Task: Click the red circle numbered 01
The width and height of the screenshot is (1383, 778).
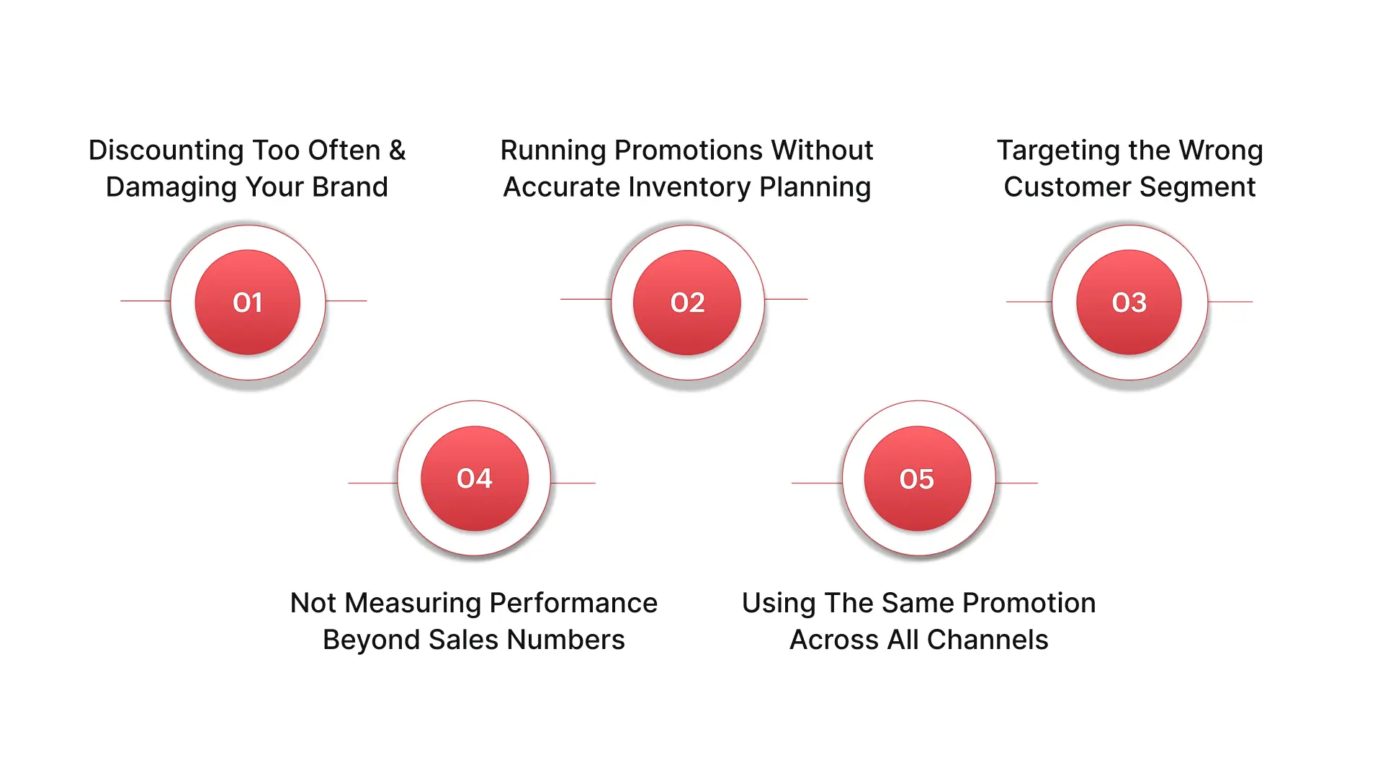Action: point(248,303)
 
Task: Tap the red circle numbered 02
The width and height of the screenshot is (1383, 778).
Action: point(687,303)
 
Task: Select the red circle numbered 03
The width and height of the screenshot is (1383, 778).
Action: point(1129,303)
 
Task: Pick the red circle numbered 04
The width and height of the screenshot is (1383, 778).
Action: point(475,478)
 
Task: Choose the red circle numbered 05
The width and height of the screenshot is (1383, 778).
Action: point(917,479)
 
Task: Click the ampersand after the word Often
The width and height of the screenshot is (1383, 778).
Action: point(397,150)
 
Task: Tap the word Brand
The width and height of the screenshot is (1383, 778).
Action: point(350,187)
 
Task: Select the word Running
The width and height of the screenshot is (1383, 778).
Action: point(553,151)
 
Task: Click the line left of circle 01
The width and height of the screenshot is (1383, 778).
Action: point(145,300)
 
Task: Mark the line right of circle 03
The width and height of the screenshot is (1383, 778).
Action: point(1230,301)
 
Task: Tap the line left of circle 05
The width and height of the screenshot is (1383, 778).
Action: point(817,483)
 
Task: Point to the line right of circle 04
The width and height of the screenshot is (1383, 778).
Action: point(573,483)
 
